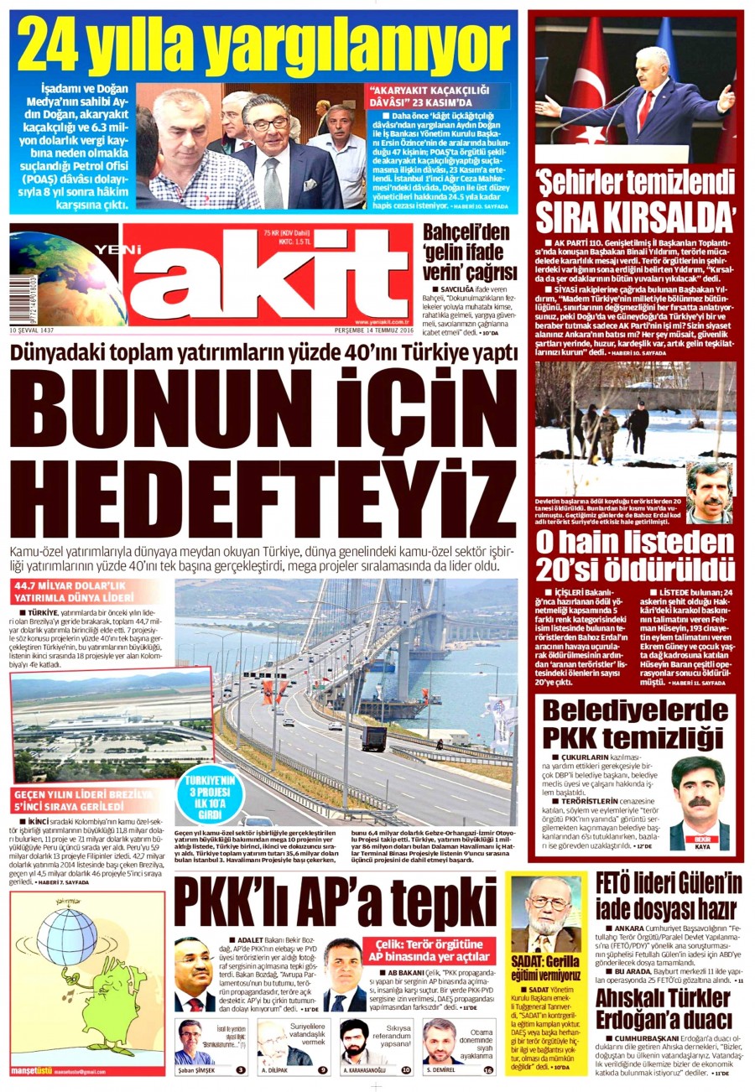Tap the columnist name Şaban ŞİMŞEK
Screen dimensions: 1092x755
[x=196, y=1070]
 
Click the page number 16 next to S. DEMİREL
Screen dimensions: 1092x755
[x=489, y=1069]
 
